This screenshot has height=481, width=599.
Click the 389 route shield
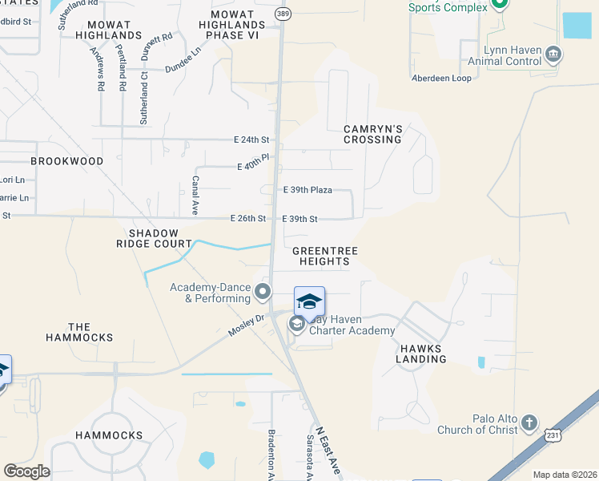point(282,14)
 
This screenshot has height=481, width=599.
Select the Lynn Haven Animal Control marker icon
point(553,55)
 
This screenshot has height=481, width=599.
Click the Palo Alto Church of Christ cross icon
point(529,422)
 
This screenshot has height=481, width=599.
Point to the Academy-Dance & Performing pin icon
point(263,294)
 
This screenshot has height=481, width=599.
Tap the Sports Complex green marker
point(500,4)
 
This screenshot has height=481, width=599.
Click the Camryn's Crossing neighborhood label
point(372,134)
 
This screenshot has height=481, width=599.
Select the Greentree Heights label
point(324,256)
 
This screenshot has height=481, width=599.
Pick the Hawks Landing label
point(420,354)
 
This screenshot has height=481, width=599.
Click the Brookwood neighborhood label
point(67,161)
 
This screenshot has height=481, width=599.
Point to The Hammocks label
point(79,332)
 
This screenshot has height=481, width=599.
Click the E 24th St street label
point(251,139)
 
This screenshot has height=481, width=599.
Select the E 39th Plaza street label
point(308,190)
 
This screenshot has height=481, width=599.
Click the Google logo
point(27,471)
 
